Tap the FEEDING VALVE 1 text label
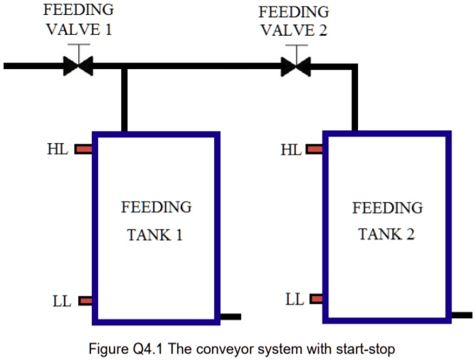(x=78, y=20)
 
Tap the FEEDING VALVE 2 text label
(x=293, y=21)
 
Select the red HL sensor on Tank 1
(x=84, y=149)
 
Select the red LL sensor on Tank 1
(x=85, y=301)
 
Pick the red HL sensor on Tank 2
(x=314, y=149)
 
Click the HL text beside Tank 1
(x=58, y=149)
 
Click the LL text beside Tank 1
(x=62, y=301)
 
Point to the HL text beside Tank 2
(x=290, y=149)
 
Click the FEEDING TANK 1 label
(x=156, y=221)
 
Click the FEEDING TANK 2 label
(x=387, y=221)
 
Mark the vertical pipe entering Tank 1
(x=124, y=100)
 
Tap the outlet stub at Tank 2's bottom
(x=462, y=314)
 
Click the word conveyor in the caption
(x=236, y=349)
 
